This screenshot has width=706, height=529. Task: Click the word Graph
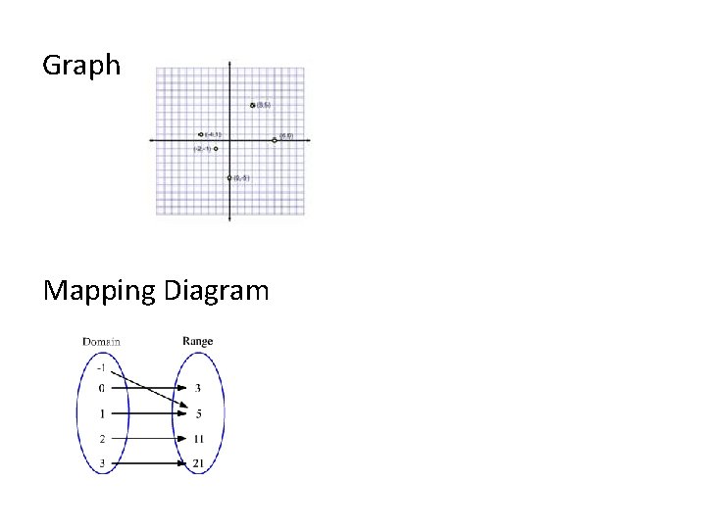tap(81, 67)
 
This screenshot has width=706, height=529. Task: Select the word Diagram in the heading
tap(216, 292)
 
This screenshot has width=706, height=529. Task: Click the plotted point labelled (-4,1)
tap(201, 134)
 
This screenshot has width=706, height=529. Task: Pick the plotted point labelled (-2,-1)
tap(216, 148)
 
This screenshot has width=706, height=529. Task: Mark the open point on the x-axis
tap(275, 140)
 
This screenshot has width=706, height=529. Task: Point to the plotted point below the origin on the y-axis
tap(229, 177)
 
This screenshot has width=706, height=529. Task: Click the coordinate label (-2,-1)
tap(202, 148)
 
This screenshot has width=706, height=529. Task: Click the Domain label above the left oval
tap(102, 342)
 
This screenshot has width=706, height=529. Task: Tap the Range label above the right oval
tap(197, 342)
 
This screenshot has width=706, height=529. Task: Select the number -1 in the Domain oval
tap(102, 368)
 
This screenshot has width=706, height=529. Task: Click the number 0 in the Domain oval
tap(102, 389)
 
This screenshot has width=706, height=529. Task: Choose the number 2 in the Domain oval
tap(102, 438)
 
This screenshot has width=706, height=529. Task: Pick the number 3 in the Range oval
tap(197, 389)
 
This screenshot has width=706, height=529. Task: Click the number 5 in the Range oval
tap(197, 412)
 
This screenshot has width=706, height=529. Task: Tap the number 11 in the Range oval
tap(198, 438)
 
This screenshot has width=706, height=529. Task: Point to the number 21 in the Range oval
tap(198, 462)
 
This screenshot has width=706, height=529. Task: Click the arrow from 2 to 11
tap(147, 438)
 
